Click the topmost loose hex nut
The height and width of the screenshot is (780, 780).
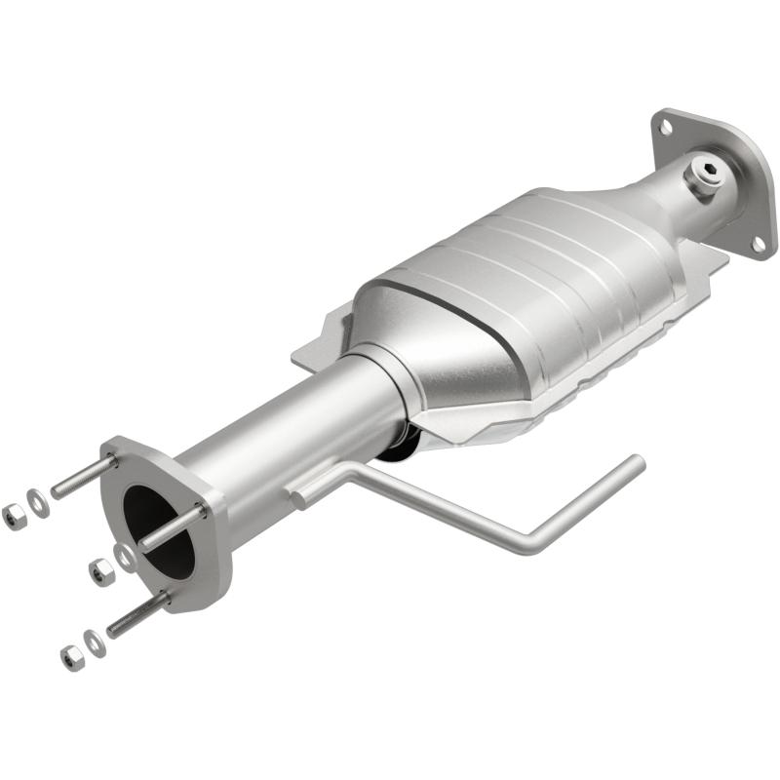14,516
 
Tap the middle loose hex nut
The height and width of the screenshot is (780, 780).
100,571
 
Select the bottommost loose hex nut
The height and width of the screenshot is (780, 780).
71,657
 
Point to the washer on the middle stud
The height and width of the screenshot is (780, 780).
126,556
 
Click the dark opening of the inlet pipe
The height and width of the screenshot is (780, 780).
156,531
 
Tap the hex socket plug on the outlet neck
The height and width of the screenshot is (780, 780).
709,176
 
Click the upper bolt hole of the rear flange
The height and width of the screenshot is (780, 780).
666,125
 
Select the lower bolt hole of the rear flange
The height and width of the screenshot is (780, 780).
756,242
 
